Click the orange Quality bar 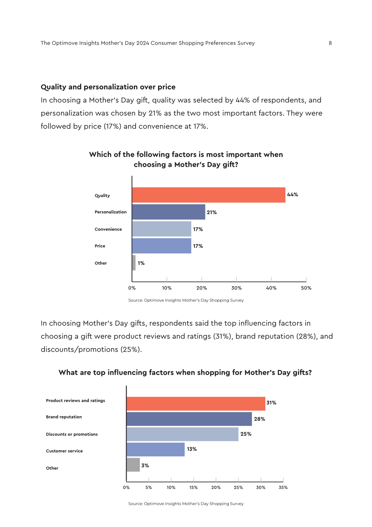click(x=209, y=195)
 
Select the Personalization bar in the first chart click(x=169, y=212)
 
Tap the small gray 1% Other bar click(x=134, y=263)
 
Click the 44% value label click(x=292, y=195)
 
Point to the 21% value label click(x=212, y=212)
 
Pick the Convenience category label click(x=108, y=229)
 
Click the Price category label click(x=100, y=246)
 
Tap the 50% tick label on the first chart click(x=306, y=288)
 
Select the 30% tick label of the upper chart click(x=237, y=288)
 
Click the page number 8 click(x=330, y=43)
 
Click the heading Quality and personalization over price click(x=108, y=87)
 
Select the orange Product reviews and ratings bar click(x=196, y=404)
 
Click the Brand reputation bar click(x=189, y=419)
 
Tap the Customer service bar click(x=156, y=449)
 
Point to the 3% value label click(x=145, y=465)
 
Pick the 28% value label click(x=260, y=419)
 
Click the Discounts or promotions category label click(x=72, y=434)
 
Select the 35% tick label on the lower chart click(x=283, y=487)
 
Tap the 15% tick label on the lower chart click(x=193, y=487)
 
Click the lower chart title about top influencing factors click(x=185, y=373)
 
